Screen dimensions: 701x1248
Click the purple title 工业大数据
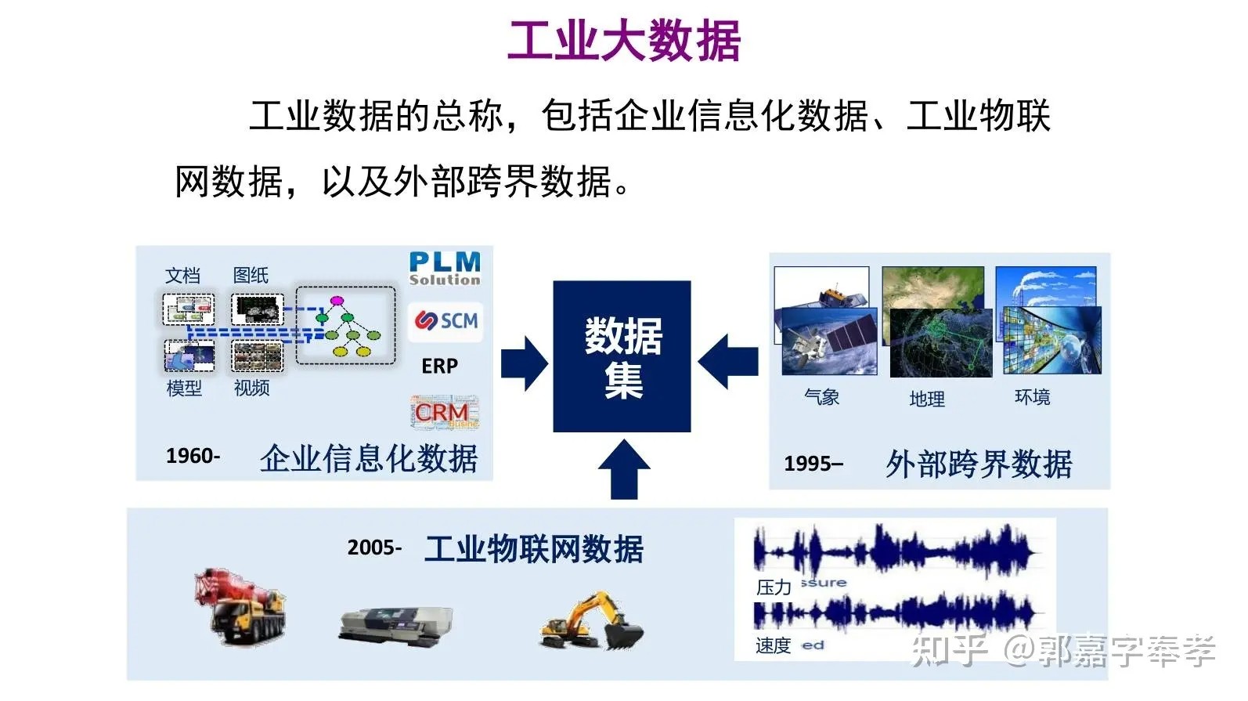pos(624,41)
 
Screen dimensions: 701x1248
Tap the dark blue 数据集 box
pos(622,356)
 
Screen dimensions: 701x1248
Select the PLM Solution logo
pos(445,268)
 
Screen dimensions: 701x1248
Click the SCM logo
pos(446,321)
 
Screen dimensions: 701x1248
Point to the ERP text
pos(440,367)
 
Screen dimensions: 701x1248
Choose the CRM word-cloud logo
pos(443,413)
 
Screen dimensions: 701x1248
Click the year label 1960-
pos(193,456)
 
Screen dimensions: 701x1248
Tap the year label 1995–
pos(813,464)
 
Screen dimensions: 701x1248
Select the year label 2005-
pos(374,547)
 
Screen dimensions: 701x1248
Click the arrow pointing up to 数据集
pos(623,468)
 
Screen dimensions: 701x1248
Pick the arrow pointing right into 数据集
pos(524,363)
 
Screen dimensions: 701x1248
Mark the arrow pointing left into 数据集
pos(728,362)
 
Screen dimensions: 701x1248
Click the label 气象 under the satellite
pos(821,397)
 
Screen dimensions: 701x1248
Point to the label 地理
pos(927,399)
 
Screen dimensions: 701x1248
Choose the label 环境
pos(1032,397)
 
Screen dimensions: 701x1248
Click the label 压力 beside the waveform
pos(774,587)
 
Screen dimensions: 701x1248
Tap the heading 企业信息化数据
pos(369,459)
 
